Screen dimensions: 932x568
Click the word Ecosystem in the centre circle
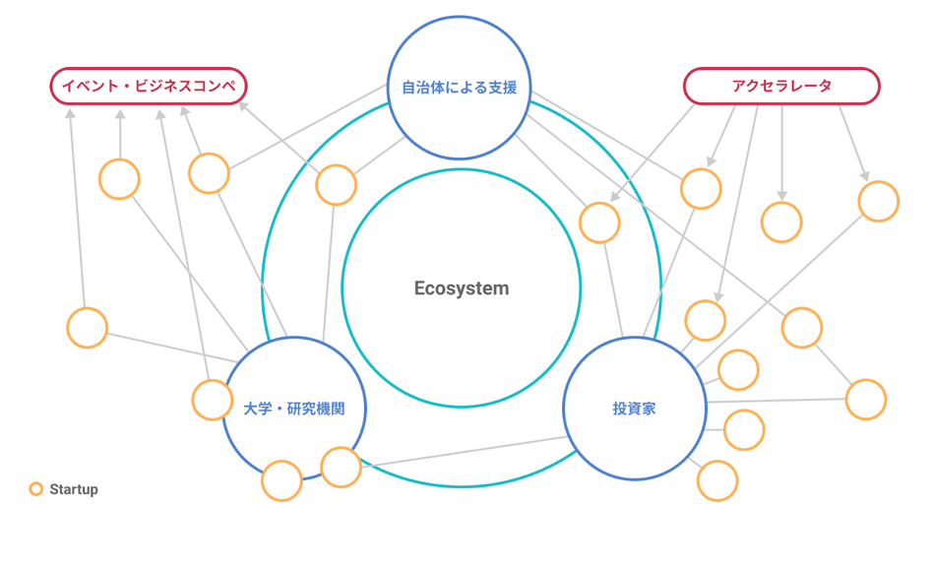pos(462,288)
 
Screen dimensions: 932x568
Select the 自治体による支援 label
pos(459,88)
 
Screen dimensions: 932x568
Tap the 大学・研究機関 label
pos(294,409)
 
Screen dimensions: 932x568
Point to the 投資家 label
pos(634,409)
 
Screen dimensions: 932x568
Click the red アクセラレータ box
pos(781,87)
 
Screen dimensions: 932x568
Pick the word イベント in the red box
pos(91,87)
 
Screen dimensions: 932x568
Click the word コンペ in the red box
pos(214,87)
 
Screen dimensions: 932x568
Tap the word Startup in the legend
pos(74,489)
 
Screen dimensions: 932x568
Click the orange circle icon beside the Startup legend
pos(36,489)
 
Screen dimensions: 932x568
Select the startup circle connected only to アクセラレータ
pos(781,222)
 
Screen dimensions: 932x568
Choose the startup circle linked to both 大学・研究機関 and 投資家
pos(341,468)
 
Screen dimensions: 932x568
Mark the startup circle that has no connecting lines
pos(281,480)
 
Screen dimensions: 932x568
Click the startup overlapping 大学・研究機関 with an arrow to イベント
pos(213,400)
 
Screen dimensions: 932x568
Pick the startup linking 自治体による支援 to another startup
pos(802,328)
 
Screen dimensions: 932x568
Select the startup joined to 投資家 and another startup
pos(866,400)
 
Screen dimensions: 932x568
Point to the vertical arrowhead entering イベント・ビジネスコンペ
pos(120,114)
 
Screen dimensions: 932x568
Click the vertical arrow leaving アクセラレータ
pos(781,154)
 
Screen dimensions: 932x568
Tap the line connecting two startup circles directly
pos(834,364)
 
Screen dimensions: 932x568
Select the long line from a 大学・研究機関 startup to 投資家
pos(465,452)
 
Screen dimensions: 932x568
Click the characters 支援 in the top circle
pos(502,88)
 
